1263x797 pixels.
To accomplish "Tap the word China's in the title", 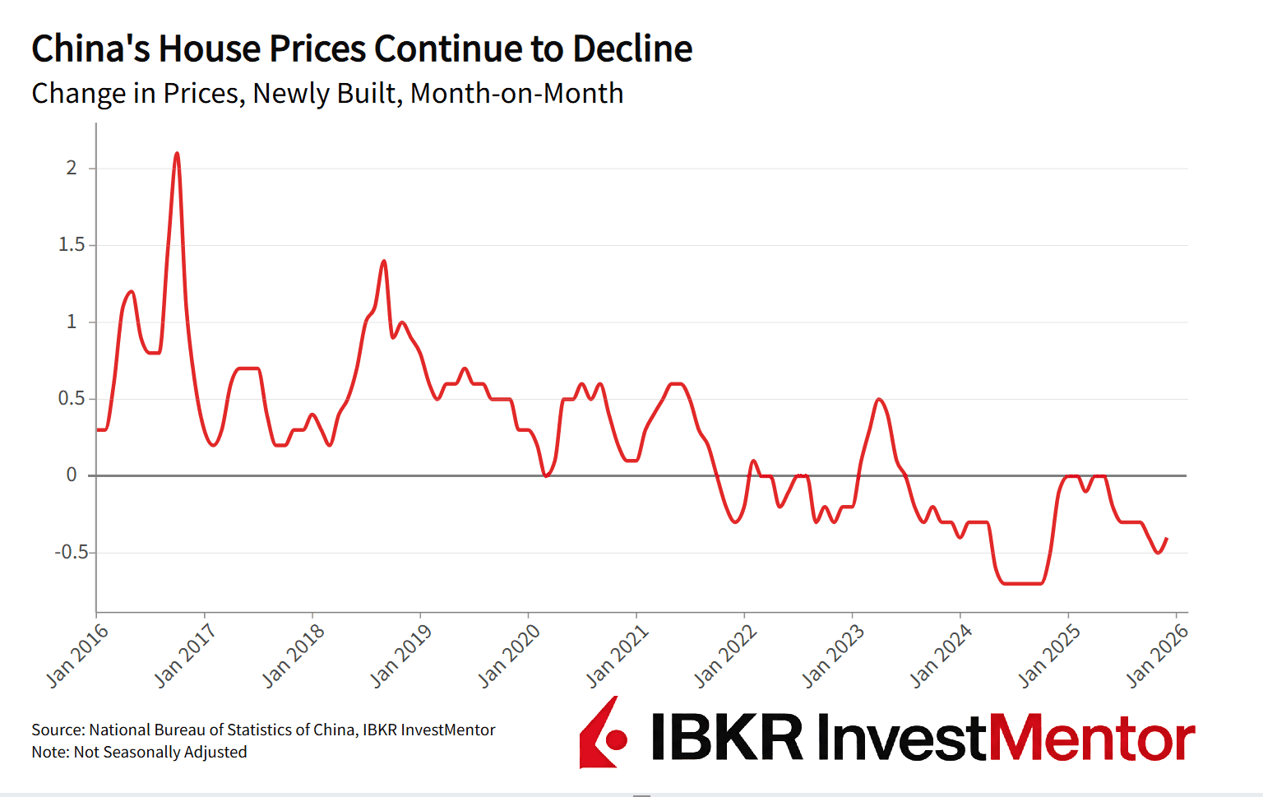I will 90,49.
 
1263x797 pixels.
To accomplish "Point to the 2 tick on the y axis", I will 72,168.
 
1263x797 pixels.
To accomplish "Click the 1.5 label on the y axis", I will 72,244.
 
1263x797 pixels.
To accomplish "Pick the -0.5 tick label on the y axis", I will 72,552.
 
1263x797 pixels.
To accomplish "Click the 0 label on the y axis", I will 72,475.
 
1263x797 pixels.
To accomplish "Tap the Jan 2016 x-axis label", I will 77,656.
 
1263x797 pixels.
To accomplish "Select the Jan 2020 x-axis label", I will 509,656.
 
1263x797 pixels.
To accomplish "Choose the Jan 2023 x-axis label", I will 833,656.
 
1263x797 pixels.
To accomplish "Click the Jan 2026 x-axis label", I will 1157,656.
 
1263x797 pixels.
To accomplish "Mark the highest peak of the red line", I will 177,153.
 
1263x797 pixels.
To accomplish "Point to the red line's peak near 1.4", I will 384,262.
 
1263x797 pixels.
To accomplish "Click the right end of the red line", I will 1167,539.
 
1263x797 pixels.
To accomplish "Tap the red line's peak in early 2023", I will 879,400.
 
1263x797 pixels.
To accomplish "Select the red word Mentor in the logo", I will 1091,738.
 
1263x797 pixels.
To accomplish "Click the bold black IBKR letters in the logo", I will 727,737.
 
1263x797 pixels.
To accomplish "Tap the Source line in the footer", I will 263,730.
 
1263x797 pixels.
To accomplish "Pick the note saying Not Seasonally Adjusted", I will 139,752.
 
